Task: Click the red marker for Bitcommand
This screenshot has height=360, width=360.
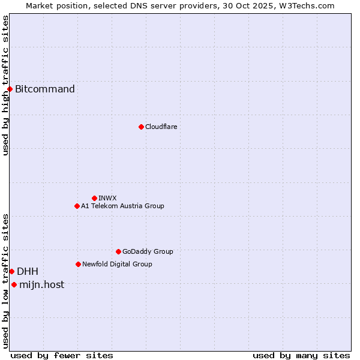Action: tap(10, 89)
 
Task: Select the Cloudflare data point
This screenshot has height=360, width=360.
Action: tap(141, 127)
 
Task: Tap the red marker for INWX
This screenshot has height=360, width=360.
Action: tap(94, 198)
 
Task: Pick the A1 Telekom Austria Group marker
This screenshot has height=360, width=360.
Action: tap(77, 206)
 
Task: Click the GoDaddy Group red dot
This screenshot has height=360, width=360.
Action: tap(118, 251)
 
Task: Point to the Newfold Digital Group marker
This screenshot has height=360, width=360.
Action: tap(78, 264)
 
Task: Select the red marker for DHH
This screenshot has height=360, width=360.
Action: tap(11, 271)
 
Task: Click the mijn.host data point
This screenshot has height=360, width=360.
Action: tap(14, 284)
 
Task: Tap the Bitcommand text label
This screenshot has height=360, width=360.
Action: tap(45, 89)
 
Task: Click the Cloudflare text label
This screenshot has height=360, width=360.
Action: tap(161, 127)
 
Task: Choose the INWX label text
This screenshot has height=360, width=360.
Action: tap(107, 198)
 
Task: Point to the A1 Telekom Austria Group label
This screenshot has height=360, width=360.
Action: tap(122, 206)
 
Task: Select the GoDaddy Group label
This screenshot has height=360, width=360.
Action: tap(148, 251)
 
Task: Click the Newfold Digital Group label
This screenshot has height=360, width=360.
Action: tap(117, 264)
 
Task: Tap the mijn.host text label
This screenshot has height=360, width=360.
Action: tap(41, 284)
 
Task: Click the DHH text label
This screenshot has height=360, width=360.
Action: tap(28, 271)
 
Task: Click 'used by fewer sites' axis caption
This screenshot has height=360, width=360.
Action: tap(62, 355)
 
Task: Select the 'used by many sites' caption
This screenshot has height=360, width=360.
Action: tap(301, 355)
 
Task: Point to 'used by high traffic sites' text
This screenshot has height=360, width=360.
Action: tap(5, 85)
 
